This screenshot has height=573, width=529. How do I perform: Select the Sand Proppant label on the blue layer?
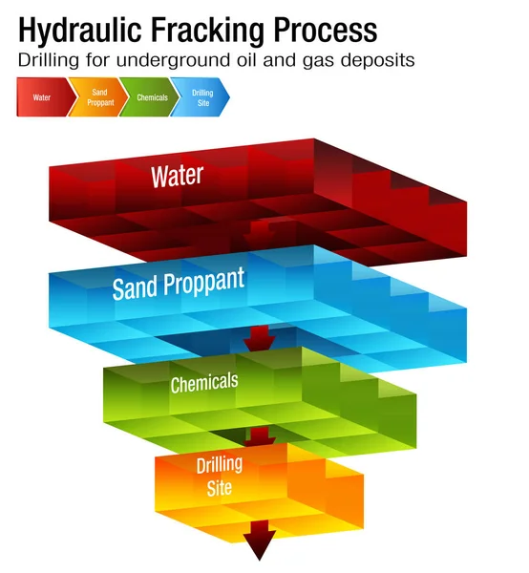click(178, 284)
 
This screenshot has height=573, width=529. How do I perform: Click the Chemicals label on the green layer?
click(203, 383)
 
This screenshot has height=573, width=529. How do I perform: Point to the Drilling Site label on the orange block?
click(219, 476)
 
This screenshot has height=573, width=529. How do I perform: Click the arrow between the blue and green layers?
click(259, 337)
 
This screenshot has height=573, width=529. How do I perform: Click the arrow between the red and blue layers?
click(258, 231)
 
